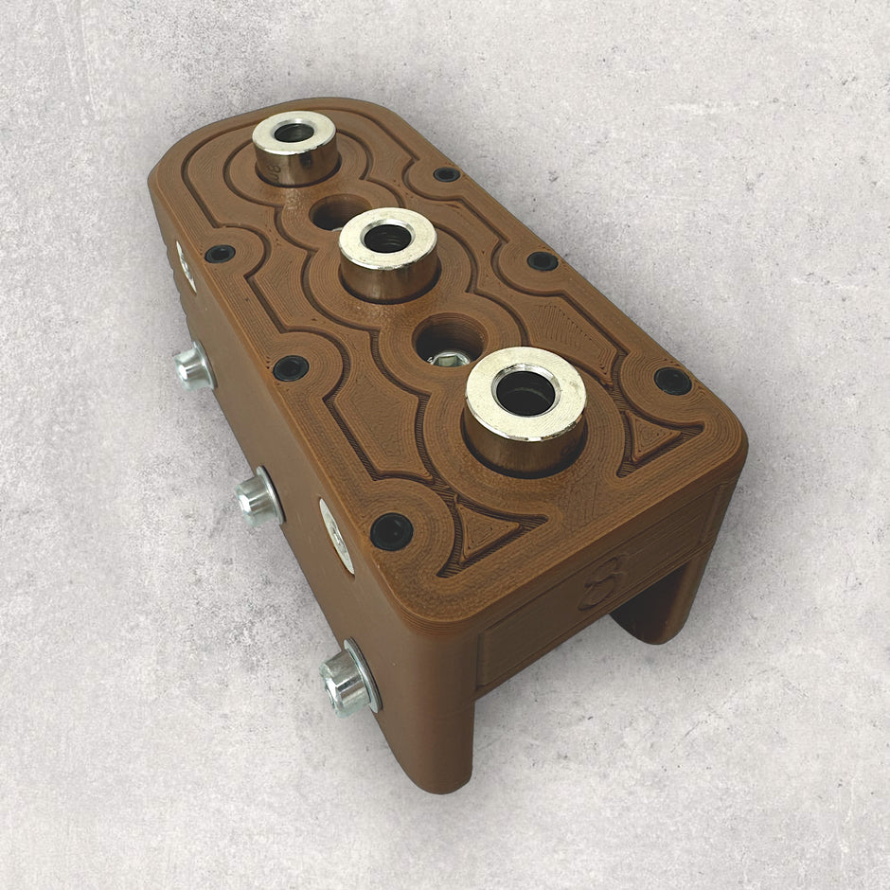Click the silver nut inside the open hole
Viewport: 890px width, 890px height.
pos(449,358)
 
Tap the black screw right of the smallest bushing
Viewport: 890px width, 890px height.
pos(446,174)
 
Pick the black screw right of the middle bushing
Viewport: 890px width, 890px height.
pos(542,260)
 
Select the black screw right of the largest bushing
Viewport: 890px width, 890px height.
pos(672,381)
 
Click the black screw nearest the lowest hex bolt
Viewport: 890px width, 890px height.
pos(391,531)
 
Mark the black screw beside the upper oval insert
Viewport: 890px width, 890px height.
pos(220,254)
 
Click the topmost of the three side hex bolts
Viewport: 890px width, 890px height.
pos(194,367)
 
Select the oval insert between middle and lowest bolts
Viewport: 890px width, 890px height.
pos(336,535)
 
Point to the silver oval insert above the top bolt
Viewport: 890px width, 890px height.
pos(186,266)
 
